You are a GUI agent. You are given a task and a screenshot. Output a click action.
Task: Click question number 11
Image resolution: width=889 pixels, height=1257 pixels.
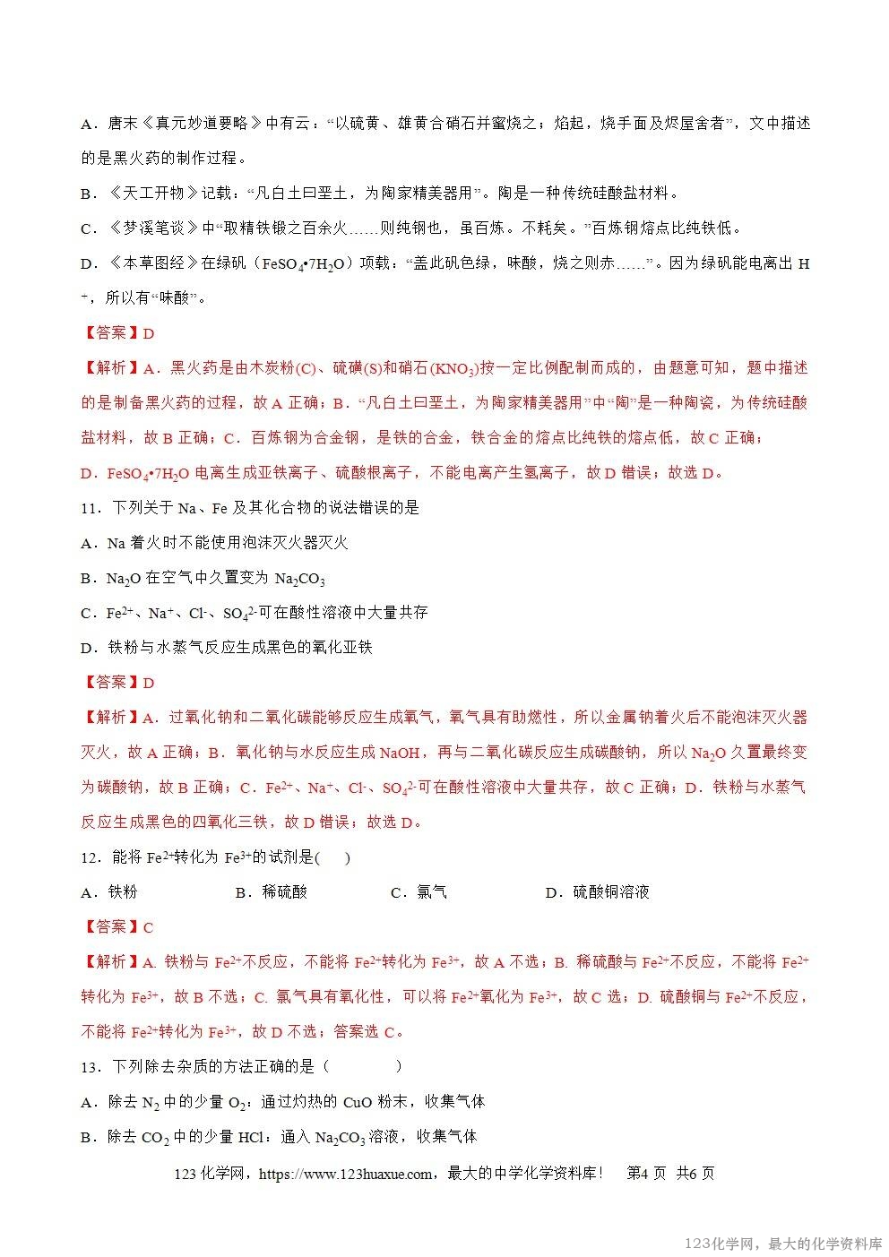89,508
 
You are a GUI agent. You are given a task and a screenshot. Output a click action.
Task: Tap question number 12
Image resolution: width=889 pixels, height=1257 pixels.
89,857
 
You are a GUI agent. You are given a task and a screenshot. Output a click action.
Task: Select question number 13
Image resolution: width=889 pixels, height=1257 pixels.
89,1067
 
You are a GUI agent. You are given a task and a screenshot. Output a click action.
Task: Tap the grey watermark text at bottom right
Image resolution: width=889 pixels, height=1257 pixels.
783,1244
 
